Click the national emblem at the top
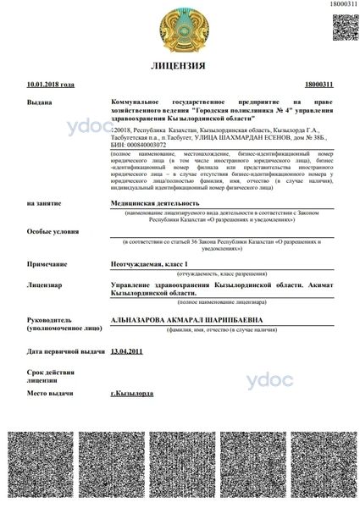pyautogui.click(x=179, y=28)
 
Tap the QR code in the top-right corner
pyautogui.click(x=343, y=25)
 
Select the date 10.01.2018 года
pyautogui.click(x=51, y=85)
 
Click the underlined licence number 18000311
pyautogui.click(x=318, y=85)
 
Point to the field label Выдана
pyautogui.click(x=40, y=101)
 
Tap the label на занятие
pyautogui.click(x=43, y=204)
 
